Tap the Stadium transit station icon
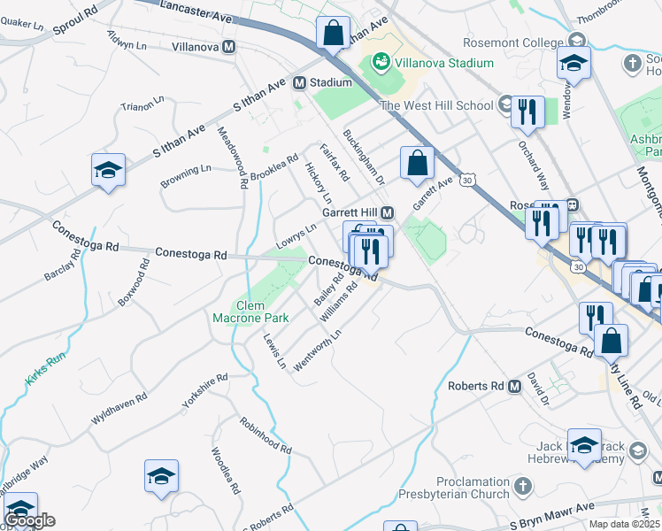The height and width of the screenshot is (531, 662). point(299,82)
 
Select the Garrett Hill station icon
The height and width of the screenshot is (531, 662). point(387,213)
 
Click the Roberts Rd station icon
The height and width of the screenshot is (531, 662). point(514,386)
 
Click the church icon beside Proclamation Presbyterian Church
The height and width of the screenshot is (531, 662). point(523,486)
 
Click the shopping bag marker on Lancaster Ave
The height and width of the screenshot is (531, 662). point(333,35)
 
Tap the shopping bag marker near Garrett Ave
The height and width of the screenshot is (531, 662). point(417,164)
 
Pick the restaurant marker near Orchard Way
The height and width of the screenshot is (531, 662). point(527,112)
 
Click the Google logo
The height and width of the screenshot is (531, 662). point(29,519)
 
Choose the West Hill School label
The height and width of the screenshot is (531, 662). point(436,106)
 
